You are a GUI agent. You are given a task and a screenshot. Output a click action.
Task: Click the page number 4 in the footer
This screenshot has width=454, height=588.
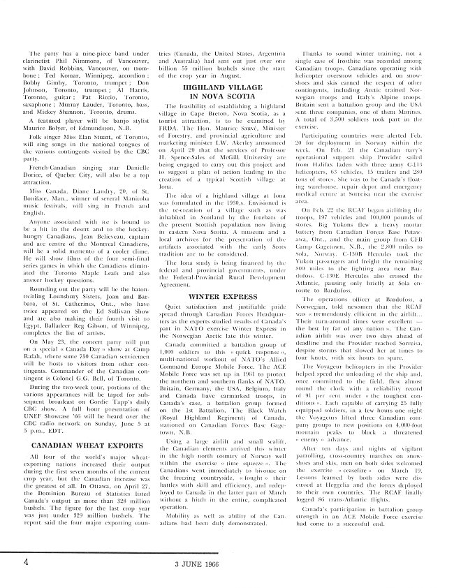[25, 561]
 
